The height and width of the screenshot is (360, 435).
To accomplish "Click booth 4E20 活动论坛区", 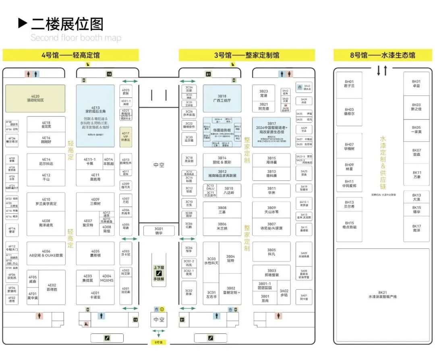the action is coord(35,98).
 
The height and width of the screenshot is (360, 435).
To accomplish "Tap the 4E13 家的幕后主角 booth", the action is coord(95,116).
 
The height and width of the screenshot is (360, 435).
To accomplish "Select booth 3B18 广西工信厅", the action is coord(222,98).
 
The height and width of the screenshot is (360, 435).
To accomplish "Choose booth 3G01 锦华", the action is coord(159,231).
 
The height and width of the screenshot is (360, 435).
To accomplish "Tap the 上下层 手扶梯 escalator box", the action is coord(159,270).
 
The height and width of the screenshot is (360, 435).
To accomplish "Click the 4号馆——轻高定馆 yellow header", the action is coord(70,55).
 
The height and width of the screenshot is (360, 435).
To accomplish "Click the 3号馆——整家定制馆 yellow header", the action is coord(246,55).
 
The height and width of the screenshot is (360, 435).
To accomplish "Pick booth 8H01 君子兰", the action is coord(349,83).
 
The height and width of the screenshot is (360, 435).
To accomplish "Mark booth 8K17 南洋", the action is coord(416,228).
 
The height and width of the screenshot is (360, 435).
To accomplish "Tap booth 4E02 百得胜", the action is coord(52,287).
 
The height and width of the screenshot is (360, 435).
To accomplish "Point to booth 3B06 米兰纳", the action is coord(222,226).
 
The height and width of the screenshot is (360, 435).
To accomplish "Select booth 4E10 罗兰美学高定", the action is coord(46,202).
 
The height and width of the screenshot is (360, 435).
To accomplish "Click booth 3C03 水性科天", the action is coord(211,261).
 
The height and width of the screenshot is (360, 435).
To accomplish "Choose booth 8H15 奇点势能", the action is coord(349,225).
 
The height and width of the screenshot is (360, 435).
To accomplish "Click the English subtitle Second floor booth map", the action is coord(76,38).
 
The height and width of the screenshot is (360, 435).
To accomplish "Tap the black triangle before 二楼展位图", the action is coord(23,23).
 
